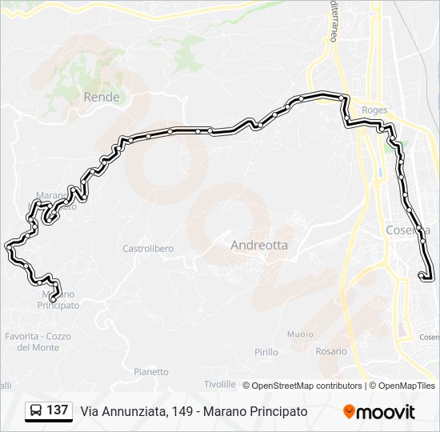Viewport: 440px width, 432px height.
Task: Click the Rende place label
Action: tap(102, 98)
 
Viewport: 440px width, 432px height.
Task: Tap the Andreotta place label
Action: tap(259, 246)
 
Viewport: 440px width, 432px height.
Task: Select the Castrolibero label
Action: tap(148, 249)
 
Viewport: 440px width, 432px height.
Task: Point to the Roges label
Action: tap(374, 110)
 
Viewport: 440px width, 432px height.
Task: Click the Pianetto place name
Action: tap(151, 372)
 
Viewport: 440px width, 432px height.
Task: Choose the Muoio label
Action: tap(300, 334)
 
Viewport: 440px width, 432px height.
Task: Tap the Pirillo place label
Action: tap(266, 352)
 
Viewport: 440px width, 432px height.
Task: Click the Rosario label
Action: tap(331, 351)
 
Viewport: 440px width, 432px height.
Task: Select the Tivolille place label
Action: tap(220, 385)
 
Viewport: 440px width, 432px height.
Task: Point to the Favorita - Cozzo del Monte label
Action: tap(38, 342)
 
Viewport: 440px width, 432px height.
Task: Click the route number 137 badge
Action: tap(57, 410)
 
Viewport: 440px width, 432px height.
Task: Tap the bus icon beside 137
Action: tap(36, 411)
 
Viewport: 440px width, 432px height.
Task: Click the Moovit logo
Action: tap(379, 412)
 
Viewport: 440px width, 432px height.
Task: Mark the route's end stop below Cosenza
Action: tap(422, 276)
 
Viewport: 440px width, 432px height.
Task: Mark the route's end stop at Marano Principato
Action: tap(53, 299)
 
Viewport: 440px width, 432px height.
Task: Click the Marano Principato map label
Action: tap(60, 300)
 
